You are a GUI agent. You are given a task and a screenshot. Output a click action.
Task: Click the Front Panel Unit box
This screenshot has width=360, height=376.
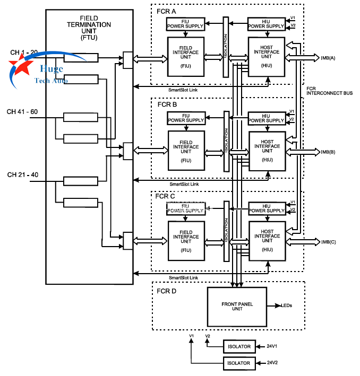pyautogui.click(x=237, y=307)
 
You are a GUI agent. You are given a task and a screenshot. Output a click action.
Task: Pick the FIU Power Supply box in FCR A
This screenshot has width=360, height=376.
pyautogui.click(x=186, y=24)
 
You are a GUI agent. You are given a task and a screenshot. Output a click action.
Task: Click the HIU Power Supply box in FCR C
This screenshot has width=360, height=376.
pyautogui.click(x=267, y=208)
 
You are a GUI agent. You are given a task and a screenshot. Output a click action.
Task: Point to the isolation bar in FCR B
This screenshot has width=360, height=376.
pyautogui.click(x=227, y=141)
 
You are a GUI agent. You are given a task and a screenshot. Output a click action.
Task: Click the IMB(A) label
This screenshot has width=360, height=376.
pyautogui.click(x=328, y=57)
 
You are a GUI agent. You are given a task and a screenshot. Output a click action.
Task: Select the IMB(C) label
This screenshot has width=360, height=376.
pyautogui.click(x=328, y=242)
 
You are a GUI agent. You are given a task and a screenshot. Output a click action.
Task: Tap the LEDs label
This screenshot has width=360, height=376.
pyautogui.click(x=287, y=306)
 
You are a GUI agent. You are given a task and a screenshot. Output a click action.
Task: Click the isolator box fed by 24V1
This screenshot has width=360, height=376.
pyautogui.click(x=238, y=347)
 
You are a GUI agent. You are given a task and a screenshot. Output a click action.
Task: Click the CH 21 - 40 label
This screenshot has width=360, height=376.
pyautogui.click(x=22, y=175)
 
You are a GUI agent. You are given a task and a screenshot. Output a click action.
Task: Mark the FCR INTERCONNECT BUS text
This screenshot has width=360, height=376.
pyautogui.click(x=329, y=91)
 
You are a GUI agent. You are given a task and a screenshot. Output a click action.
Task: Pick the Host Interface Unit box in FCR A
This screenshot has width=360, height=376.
pyautogui.click(x=267, y=57)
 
